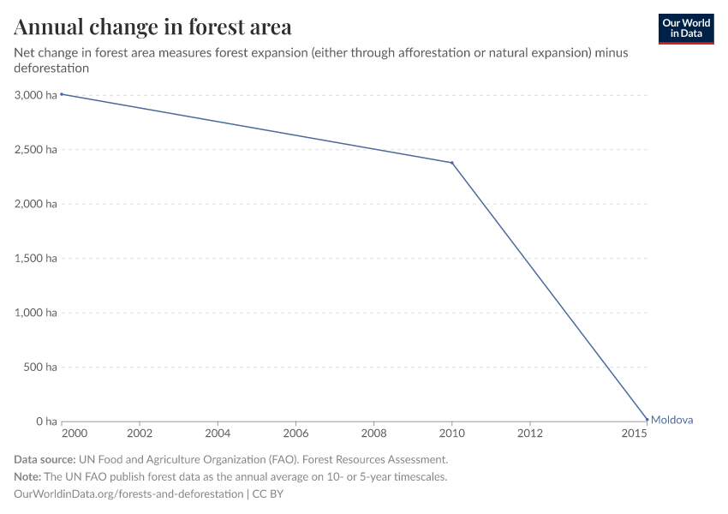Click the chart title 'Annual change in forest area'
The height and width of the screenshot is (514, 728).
(152, 27)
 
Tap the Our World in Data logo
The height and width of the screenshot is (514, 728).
(685, 28)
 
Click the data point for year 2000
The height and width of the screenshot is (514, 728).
(62, 94)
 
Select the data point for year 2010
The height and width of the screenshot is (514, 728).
(452, 163)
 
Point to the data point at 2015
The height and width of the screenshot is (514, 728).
(647, 420)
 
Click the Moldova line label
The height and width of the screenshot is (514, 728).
(671, 420)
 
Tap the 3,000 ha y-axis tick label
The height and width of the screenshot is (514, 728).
(35, 95)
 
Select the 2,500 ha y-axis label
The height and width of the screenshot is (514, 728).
(35, 150)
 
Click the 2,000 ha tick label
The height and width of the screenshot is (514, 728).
(35, 204)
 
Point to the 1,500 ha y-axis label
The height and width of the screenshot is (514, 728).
(35, 259)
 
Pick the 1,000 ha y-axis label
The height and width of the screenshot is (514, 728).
(35, 313)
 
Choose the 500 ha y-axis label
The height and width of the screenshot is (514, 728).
(39, 368)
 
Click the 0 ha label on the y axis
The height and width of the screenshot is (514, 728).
(46, 421)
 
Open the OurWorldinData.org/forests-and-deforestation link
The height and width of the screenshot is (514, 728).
(129, 494)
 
